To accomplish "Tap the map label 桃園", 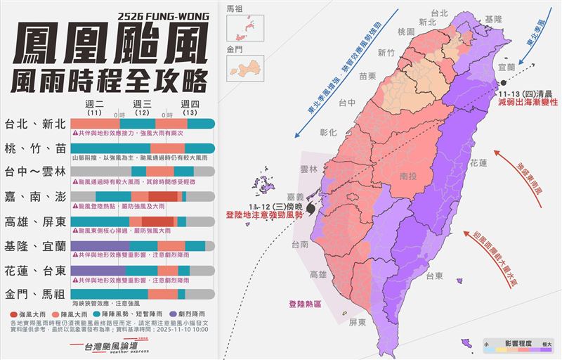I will [407, 32].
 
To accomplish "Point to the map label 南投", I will [407, 176].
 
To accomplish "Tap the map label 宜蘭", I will [507, 66].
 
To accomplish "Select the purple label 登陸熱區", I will [304, 304].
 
